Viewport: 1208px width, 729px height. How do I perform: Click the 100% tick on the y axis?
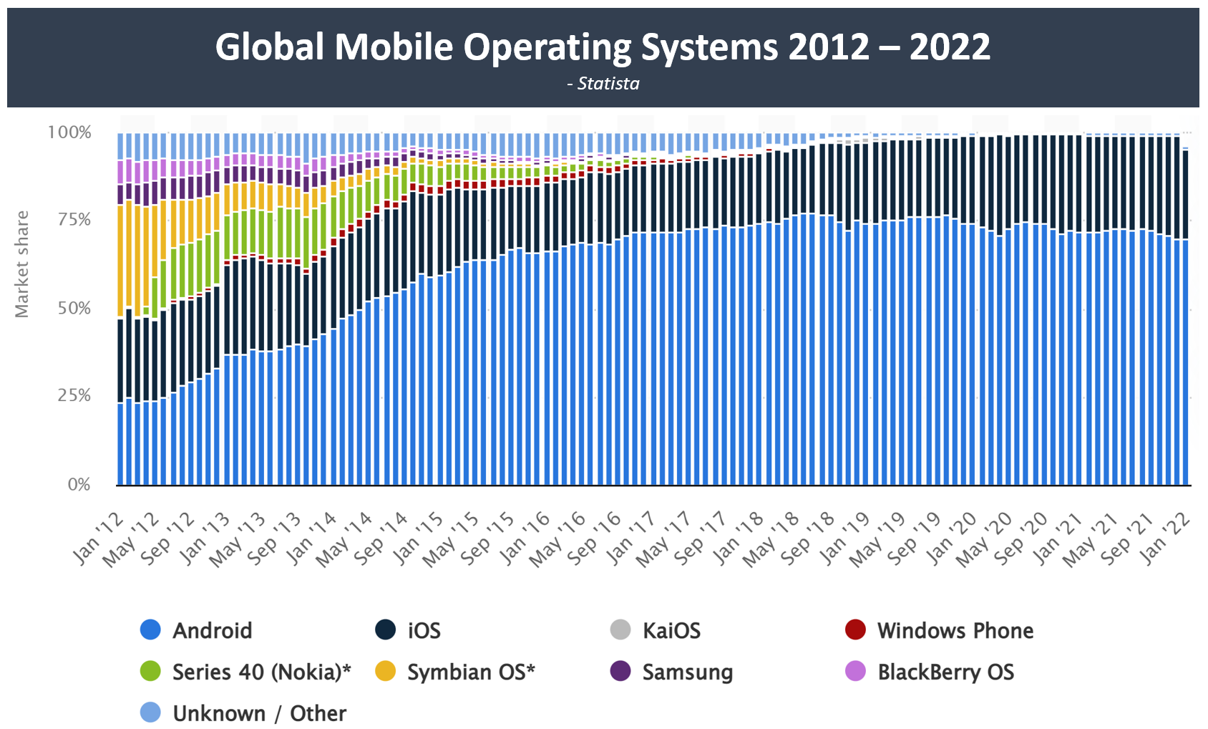(x=69, y=132)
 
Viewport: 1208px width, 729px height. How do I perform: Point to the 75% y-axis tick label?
(x=74, y=220)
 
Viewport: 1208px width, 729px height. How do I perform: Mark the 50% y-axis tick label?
(x=74, y=309)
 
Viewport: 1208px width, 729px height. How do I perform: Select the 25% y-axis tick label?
(x=74, y=396)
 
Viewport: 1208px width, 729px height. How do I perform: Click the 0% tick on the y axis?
(x=79, y=485)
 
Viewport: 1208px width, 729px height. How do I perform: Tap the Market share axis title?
(x=22, y=264)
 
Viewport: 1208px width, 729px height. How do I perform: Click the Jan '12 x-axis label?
(x=99, y=539)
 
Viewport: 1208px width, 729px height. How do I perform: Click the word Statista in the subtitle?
(x=608, y=84)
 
